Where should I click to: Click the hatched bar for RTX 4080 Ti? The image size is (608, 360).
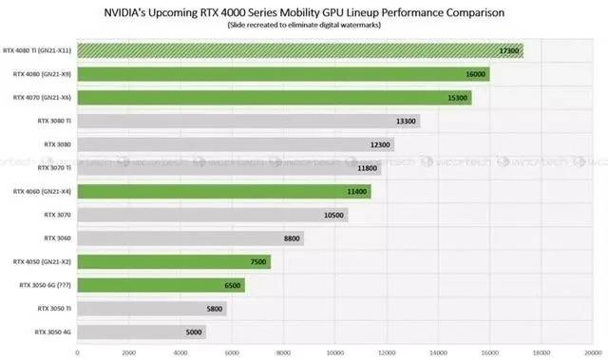coord(299,50)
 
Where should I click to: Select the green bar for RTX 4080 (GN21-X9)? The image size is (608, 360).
coord(283,74)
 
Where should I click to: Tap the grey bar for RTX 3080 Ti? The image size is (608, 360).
coord(248,121)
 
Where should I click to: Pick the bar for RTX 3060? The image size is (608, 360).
coord(190,237)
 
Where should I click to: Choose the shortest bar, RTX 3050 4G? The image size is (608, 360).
coord(141,332)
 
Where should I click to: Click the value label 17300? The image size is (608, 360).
coord(507,50)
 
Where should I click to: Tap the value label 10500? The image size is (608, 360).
coord(332,215)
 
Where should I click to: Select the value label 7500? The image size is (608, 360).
coord(256,261)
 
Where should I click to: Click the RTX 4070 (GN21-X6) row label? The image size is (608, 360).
coord(42,98)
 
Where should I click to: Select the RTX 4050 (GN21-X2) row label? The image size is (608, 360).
coord(42,261)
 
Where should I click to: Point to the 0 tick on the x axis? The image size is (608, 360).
coord(77,351)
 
